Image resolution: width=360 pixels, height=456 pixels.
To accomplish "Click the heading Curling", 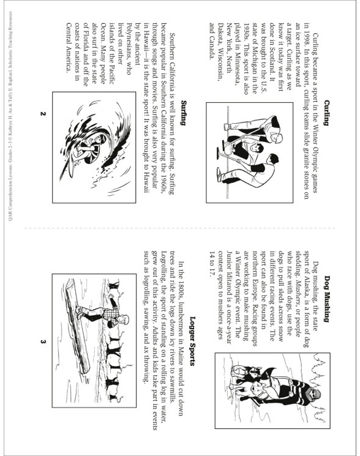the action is tap(327, 113).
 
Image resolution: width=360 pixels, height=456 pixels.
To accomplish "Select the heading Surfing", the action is tap(183, 113).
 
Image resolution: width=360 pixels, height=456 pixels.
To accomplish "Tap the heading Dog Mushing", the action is tap(327, 298).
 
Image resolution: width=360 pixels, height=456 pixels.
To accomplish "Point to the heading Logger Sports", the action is tap(192, 341).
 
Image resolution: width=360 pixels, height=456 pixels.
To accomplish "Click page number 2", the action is tap(43, 114).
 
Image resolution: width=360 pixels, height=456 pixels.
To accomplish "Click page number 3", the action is tap(43, 342).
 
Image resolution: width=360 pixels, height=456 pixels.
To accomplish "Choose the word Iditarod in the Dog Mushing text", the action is tap(229, 274).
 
